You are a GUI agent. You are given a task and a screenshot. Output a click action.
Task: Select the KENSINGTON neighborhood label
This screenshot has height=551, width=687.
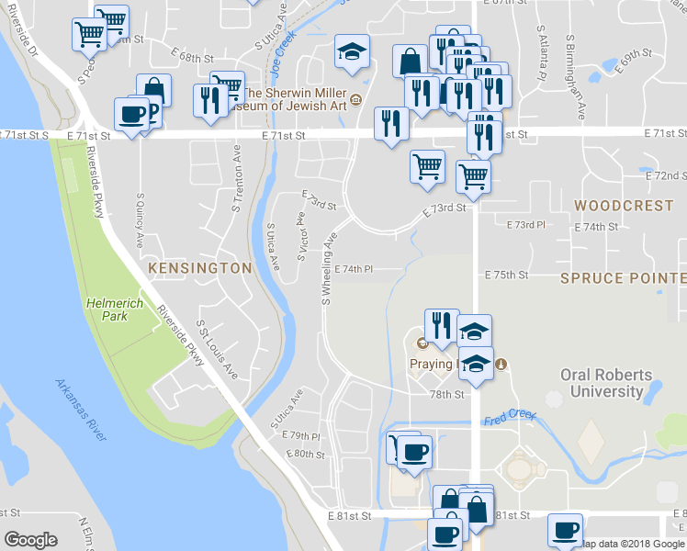[x=199, y=268]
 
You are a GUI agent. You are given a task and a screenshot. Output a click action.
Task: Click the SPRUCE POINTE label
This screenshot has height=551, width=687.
[x=624, y=277]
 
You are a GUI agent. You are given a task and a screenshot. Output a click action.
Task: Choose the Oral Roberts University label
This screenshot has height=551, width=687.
[x=607, y=383]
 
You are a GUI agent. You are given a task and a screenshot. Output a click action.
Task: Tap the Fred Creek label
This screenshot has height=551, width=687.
[x=509, y=418]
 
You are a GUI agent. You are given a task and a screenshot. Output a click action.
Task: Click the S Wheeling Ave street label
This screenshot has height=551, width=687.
[x=326, y=267]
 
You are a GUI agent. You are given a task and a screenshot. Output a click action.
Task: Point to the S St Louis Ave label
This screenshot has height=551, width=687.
[x=219, y=349]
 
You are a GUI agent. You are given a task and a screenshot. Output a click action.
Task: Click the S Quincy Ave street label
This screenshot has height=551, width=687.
[x=141, y=220]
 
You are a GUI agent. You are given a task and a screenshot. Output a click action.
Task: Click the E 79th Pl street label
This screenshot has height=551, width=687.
[x=302, y=436]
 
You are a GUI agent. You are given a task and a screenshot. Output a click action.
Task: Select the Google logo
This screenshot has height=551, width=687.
[x=30, y=540]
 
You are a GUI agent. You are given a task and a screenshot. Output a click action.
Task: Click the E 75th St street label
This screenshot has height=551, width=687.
[x=507, y=275]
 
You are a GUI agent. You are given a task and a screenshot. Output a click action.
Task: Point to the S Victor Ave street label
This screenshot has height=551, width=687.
[x=301, y=236]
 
